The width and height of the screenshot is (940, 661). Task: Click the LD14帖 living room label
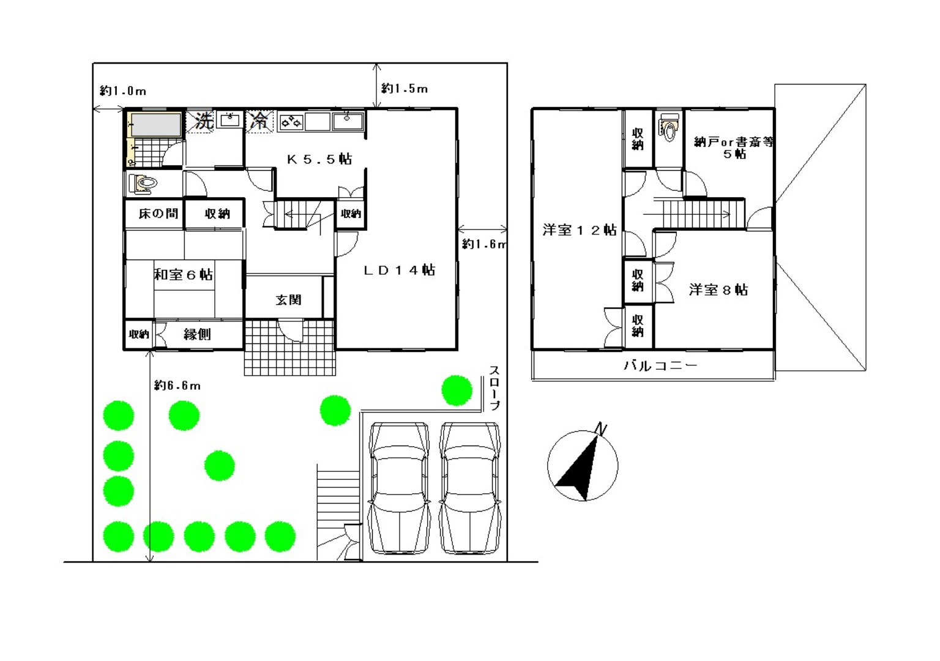400,270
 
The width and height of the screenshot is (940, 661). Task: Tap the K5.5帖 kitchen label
319,159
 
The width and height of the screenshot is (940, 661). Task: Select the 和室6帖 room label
184,274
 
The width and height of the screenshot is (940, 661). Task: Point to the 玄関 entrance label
288,300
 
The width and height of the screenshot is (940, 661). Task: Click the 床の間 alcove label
159,214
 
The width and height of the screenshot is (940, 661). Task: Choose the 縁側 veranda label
197,335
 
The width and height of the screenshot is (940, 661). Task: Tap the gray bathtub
156,125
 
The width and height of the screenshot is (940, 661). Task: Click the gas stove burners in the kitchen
291,122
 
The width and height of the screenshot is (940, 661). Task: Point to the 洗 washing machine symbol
204,121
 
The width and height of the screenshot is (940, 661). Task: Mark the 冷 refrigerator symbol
259,121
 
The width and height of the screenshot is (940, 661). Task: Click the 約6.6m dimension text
177,385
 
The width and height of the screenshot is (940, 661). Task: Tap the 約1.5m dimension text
404,89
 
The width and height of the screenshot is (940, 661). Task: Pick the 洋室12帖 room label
580,230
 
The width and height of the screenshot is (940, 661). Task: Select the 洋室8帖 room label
718,289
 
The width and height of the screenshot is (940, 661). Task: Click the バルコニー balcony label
660,365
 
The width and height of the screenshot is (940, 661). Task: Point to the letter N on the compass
602,428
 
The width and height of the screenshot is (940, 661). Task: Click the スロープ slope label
494,387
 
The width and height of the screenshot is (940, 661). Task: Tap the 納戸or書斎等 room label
734,142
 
